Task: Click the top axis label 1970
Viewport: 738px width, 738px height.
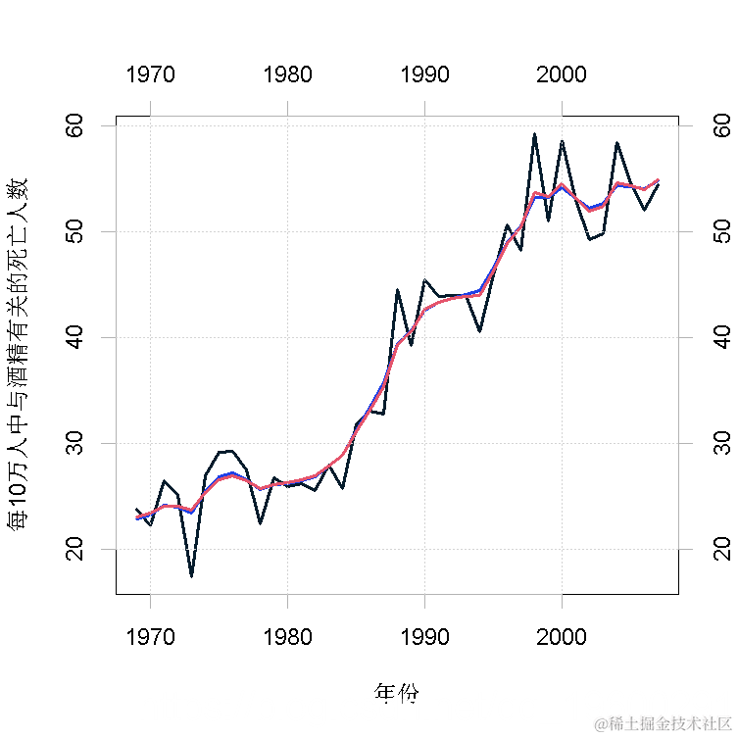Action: [x=150, y=74]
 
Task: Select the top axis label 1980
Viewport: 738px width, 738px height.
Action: [x=287, y=74]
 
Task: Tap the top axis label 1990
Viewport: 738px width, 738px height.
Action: [x=424, y=74]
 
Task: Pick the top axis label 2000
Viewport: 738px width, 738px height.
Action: [x=562, y=74]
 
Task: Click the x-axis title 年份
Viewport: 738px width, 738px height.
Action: [x=397, y=693]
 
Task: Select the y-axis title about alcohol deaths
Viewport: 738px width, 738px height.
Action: [x=19, y=354]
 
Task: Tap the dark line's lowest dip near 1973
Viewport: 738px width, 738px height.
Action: [x=191, y=576]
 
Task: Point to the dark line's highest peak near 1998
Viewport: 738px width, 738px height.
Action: [x=534, y=134]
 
